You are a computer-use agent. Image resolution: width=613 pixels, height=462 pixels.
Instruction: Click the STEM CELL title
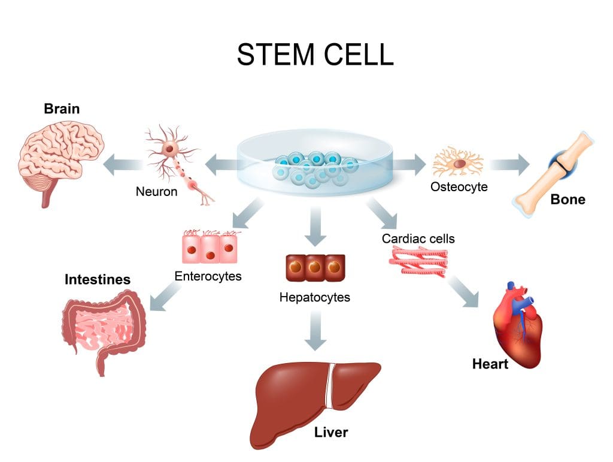click(x=315, y=55)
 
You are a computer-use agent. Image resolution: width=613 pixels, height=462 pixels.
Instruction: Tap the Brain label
click(x=62, y=109)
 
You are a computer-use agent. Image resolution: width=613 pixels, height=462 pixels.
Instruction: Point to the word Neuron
click(x=156, y=192)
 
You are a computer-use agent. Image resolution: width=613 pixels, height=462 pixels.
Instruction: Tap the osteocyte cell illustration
click(x=458, y=161)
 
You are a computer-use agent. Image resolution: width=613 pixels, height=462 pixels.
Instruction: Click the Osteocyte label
click(x=459, y=187)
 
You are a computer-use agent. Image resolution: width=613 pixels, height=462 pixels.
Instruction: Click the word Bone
click(x=568, y=200)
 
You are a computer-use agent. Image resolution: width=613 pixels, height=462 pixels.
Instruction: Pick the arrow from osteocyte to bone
click(x=509, y=162)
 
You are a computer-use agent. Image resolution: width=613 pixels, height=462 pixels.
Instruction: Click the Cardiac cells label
click(x=418, y=238)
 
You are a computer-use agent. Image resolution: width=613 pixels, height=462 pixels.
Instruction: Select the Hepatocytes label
click(x=315, y=297)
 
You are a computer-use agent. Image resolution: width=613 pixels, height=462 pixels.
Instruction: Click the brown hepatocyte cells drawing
click(x=315, y=268)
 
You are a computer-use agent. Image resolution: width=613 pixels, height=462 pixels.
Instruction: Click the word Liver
click(x=331, y=432)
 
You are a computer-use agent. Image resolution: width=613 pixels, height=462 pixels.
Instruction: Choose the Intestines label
click(x=98, y=280)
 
